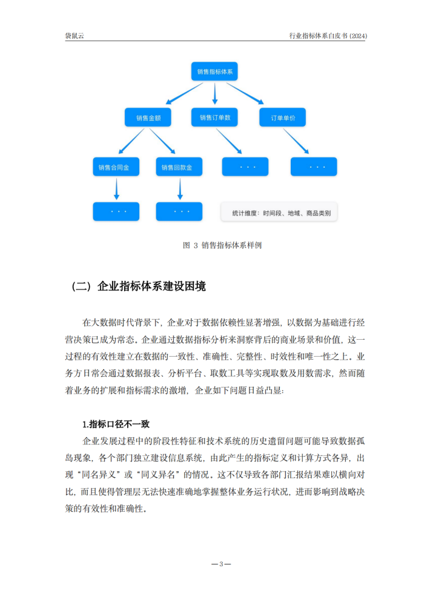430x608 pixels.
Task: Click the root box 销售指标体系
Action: click(x=215, y=71)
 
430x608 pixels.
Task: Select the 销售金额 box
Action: click(x=148, y=117)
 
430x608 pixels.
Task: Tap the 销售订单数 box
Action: click(x=215, y=117)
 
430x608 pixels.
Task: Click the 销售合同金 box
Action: click(x=116, y=167)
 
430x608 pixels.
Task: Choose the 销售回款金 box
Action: click(x=179, y=167)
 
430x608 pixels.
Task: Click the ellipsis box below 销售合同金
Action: click(x=116, y=211)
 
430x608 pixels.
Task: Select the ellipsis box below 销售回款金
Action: click(x=179, y=211)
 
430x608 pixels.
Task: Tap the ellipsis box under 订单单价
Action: click(x=314, y=167)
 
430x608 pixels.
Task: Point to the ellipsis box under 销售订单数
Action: click(x=246, y=167)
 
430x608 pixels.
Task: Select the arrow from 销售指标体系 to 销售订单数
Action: click(x=215, y=94)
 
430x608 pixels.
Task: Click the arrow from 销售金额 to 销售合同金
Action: click(x=132, y=142)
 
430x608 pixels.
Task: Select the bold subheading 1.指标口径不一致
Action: click(x=119, y=424)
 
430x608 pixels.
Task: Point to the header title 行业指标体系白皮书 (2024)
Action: click(x=328, y=36)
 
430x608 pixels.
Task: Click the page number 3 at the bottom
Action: click(x=221, y=564)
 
